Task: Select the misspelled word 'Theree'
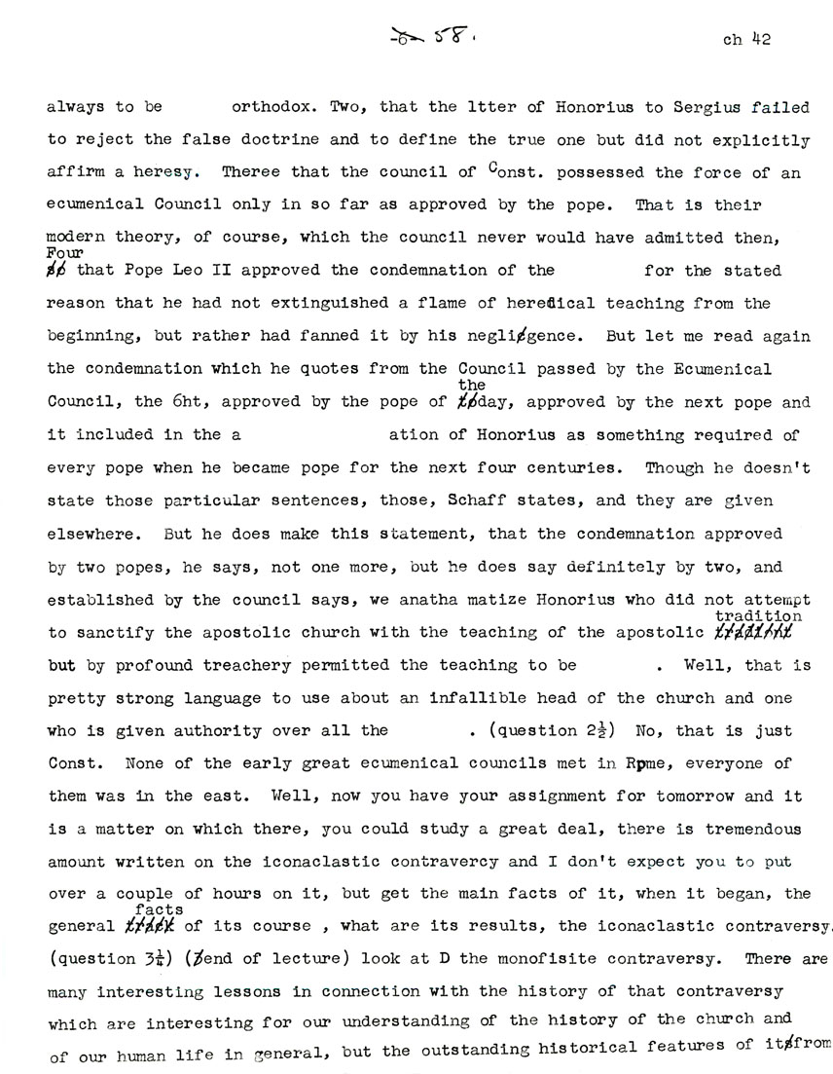[x=247, y=171]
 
